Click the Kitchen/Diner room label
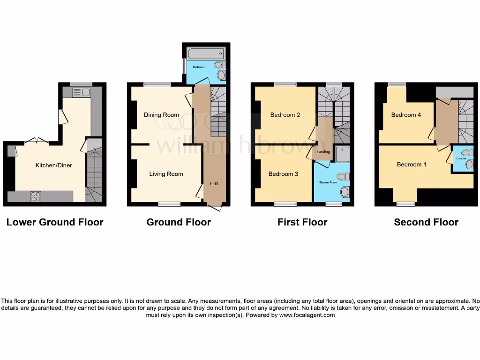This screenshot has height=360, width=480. pos(54,165)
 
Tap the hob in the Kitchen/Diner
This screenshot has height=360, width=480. pos(36,196)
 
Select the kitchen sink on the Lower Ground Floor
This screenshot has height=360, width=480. pos(81,92)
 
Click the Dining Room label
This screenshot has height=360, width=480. pos(161,115)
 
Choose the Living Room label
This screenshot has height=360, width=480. pos(166,174)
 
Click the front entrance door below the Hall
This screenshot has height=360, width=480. pos(214,206)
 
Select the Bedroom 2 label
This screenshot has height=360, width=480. pos(285,115)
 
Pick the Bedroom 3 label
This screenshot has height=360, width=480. pos(283,174)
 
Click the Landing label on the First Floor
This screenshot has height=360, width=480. pos(323,152)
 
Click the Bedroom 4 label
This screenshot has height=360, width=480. pos(406,115)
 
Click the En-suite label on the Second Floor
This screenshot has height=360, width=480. pos(461,159)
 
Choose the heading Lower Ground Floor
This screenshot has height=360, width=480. pos(55,222)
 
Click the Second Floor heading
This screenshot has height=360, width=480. pos(426,222)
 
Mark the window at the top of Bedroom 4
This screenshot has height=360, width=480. pos(397,84)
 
